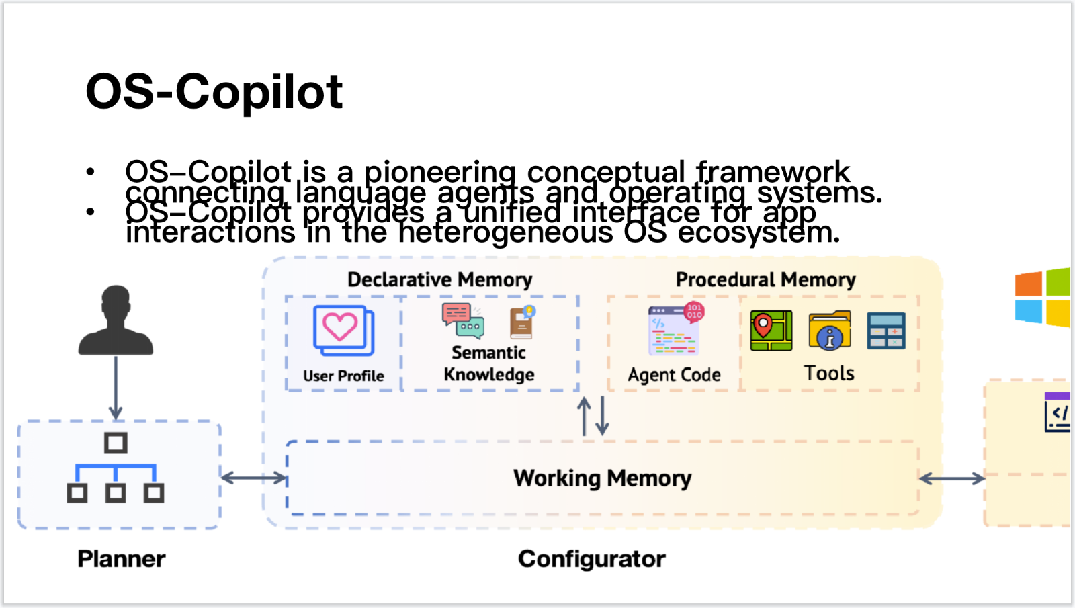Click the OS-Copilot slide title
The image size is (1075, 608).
coord(214,92)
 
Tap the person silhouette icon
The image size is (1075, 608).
coord(116,321)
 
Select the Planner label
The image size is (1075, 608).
coord(121,559)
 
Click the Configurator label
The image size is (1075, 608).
coord(591,559)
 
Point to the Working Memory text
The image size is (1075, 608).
coord(602,478)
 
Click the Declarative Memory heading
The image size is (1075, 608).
coord(439,279)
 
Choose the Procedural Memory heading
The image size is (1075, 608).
coord(765,279)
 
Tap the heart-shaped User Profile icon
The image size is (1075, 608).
coord(343,331)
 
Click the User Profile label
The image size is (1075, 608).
coord(343,376)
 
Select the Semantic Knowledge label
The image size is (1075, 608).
coord(488,363)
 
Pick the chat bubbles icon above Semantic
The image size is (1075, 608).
coord(462,319)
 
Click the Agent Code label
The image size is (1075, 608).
coord(674,375)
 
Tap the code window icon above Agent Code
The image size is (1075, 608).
coord(675,330)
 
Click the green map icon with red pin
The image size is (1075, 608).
coord(771,331)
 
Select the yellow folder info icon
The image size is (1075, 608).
coord(830,331)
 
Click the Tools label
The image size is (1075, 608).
coord(829,373)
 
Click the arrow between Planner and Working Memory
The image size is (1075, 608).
coord(254,478)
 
